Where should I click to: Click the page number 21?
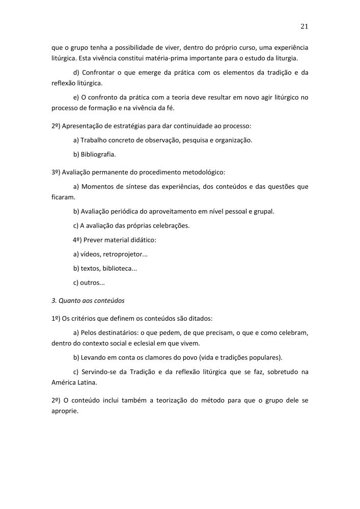point(304,26)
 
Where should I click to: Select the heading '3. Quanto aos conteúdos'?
point(88,300)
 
